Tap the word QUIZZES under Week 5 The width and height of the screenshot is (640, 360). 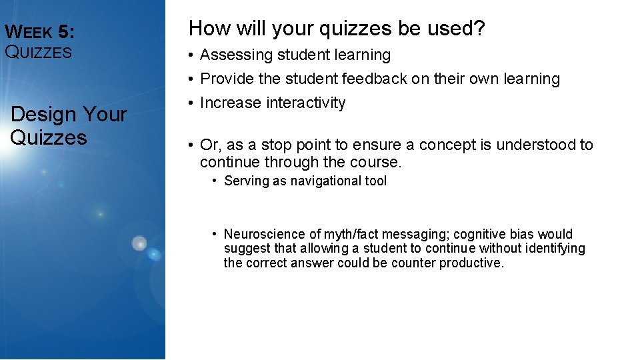[x=38, y=53]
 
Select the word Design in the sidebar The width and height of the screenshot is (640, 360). [x=44, y=114]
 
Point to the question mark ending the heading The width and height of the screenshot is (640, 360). [x=479, y=29]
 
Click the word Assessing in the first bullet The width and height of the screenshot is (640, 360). [x=235, y=55]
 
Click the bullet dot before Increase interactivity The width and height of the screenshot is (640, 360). [x=191, y=103]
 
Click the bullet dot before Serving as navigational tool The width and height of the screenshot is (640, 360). [x=215, y=181]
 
